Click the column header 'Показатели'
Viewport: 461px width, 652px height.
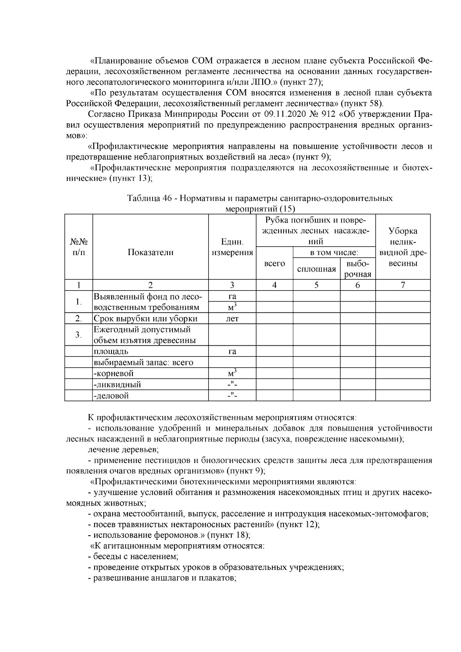(150, 252)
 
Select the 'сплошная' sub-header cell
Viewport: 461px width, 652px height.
(317, 269)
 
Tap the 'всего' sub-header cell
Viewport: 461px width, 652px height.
(275, 264)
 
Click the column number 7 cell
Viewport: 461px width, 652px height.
(403, 285)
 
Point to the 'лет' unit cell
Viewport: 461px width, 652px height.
(232, 319)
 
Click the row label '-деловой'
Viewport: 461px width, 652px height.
(111, 396)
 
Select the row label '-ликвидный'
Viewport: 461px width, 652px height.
(118, 385)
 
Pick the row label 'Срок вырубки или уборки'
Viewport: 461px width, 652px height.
(146, 319)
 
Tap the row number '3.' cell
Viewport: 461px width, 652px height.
(78, 335)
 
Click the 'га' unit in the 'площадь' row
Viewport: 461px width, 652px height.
(232, 352)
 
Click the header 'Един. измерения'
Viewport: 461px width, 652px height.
(232, 247)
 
